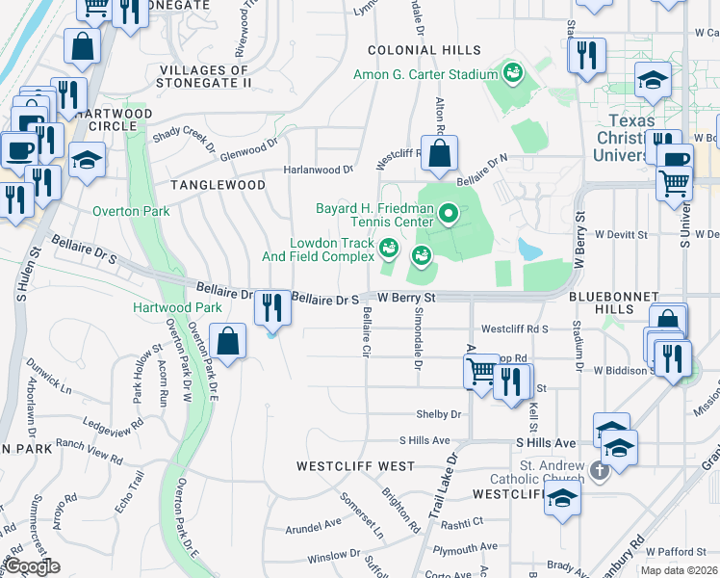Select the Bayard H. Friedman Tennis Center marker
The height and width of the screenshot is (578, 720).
point(447,212)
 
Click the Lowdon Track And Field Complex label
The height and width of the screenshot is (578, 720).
point(318,250)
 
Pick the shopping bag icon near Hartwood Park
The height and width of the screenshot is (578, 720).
point(228,341)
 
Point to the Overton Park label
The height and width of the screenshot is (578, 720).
point(131,211)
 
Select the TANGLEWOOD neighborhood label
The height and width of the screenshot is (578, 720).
point(218,184)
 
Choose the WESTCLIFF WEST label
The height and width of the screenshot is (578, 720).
point(355,466)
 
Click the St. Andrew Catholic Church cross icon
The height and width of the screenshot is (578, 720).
point(599,471)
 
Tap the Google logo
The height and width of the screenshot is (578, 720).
point(32,566)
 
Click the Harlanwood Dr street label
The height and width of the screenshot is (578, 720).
point(319,170)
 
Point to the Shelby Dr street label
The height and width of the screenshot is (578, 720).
point(439,414)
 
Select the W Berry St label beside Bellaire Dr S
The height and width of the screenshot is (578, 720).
point(406,299)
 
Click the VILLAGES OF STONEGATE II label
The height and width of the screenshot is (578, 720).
point(205,76)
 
